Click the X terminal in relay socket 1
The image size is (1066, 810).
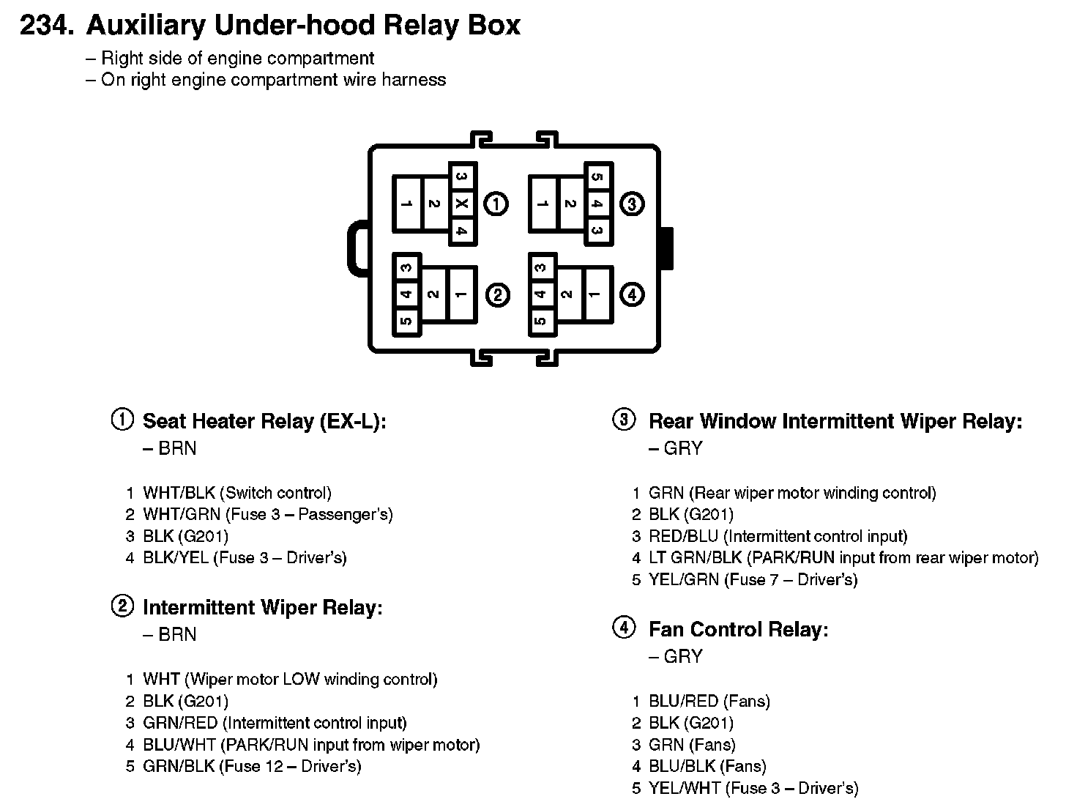462,204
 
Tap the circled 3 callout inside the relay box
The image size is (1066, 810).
632,204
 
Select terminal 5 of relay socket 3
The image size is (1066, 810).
598,177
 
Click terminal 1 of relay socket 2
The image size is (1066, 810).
461,294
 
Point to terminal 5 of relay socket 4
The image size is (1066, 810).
541,321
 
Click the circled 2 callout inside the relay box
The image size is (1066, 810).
497,294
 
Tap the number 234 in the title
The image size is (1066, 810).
47,25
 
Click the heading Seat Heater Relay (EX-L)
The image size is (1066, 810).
264,421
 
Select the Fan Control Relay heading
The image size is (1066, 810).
738,629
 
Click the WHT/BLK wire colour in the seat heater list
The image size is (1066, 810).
179,493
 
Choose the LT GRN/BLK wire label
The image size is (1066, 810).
695,557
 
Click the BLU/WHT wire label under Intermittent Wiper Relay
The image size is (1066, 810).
179,744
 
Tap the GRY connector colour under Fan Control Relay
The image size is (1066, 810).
683,656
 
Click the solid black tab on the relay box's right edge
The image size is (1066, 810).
666,248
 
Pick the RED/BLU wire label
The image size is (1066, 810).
683,536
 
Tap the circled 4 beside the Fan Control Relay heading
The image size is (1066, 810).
624,628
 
